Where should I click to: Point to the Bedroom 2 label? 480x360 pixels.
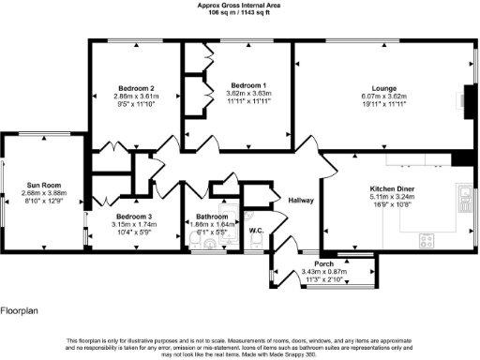pos(134,88)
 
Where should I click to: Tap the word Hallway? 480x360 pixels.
pos(301,201)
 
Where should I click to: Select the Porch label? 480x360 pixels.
pos(324,263)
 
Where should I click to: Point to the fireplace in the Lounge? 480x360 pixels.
pos(469,98)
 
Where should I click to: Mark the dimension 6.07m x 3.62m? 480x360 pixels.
pos(384,95)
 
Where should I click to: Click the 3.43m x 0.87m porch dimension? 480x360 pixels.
pos(324,272)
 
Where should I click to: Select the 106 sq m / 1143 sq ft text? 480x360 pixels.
pos(240,12)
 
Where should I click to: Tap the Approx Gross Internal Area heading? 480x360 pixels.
pos(240,5)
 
